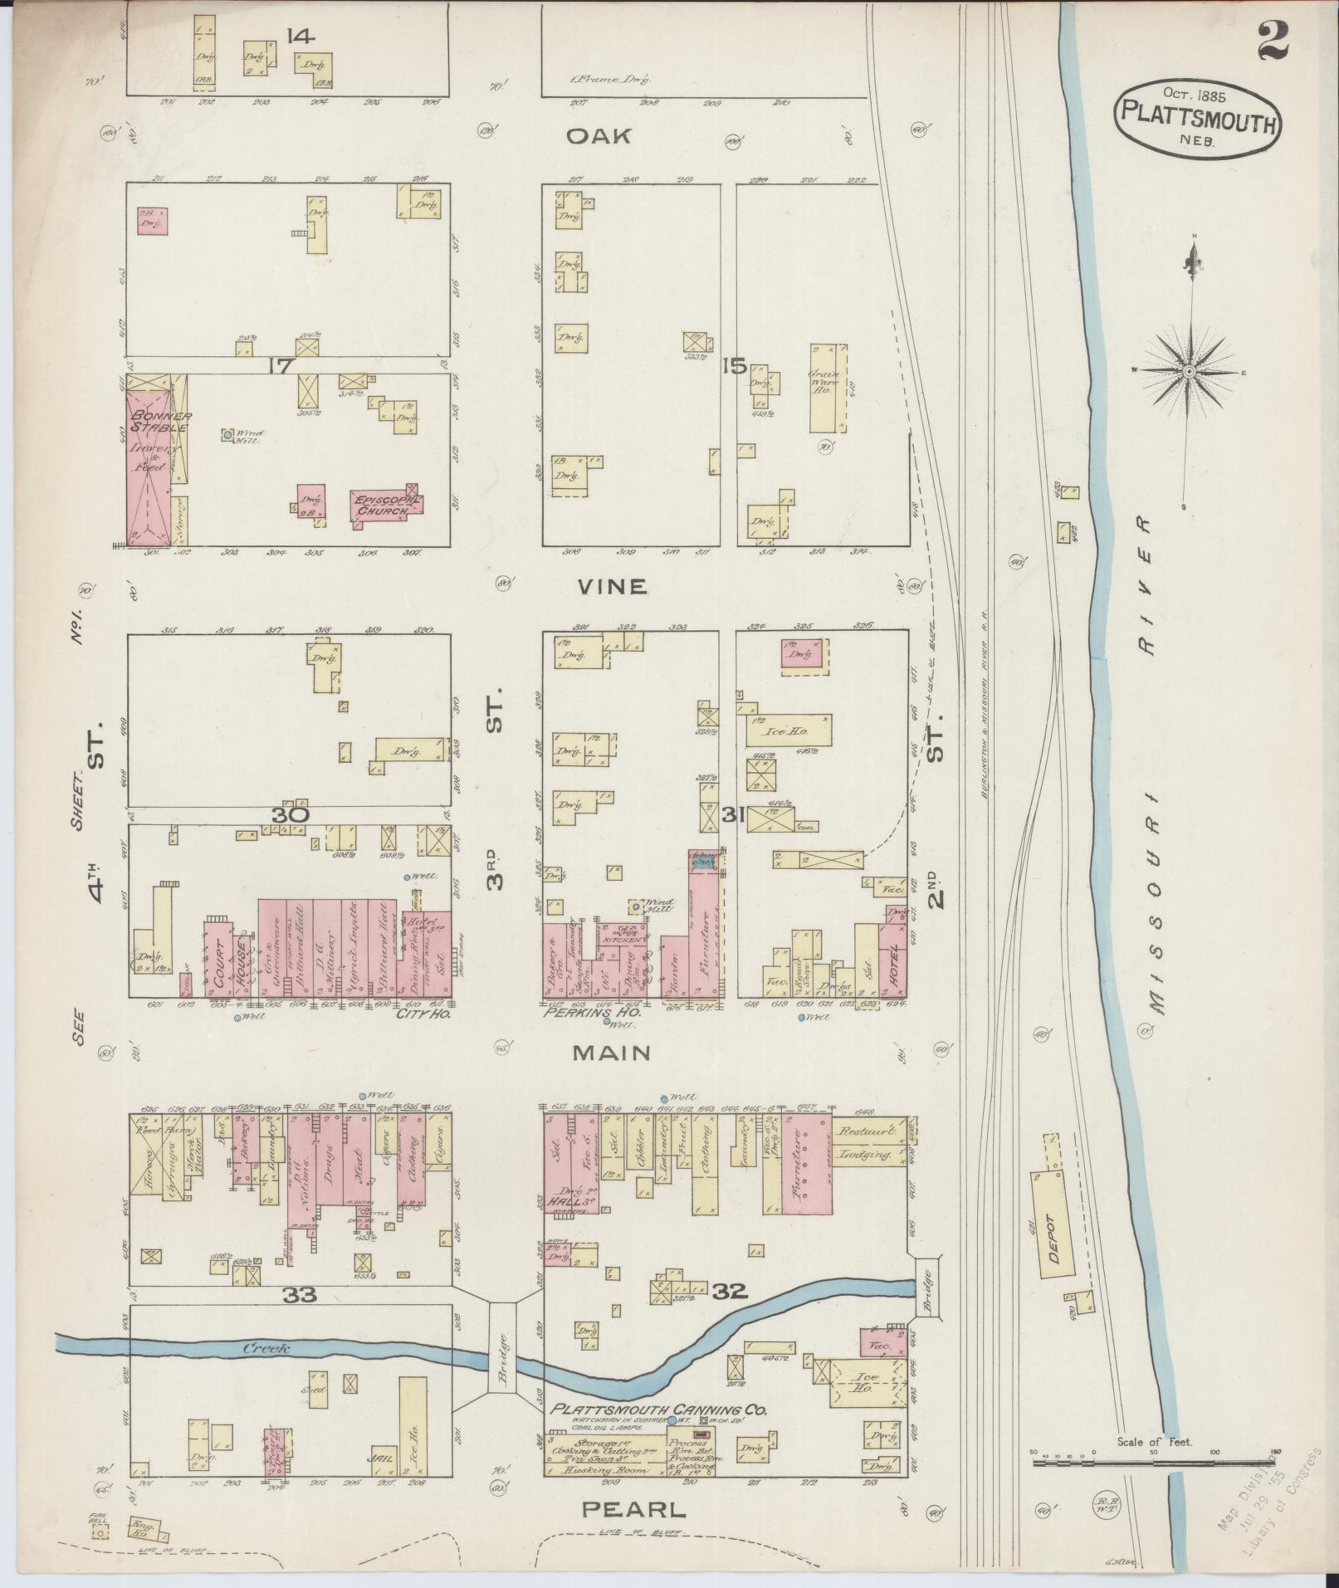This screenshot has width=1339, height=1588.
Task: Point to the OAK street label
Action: [599, 136]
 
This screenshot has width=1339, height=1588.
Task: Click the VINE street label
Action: [612, 586]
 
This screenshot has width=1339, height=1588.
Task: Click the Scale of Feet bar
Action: [1154, 1463]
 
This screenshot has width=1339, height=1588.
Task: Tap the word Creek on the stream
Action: [266, 1348]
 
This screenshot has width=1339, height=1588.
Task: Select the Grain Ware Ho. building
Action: [828, 388]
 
